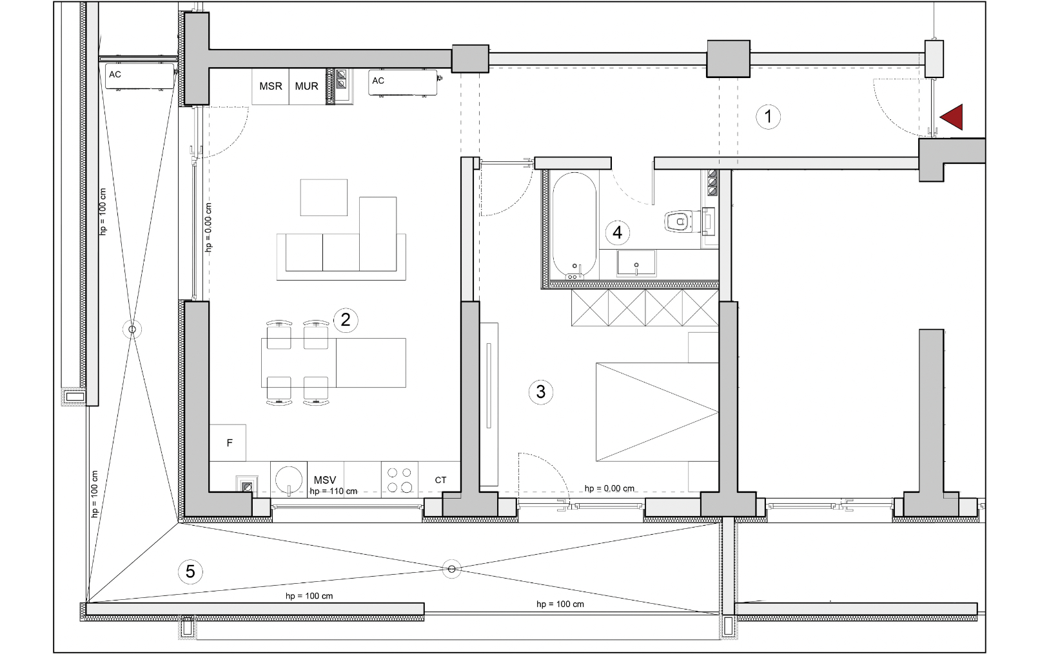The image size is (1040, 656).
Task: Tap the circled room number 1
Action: [768, 117]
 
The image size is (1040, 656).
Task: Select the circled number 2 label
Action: [346, 320]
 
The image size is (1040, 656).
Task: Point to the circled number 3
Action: [540, 392]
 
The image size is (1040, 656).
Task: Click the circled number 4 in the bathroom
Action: [617, 232]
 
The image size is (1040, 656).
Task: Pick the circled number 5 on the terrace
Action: [190, 572]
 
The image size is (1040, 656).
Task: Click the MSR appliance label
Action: [271, 86]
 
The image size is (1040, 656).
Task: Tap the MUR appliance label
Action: [306, 86]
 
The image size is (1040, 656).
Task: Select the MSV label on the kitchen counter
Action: [325, 480]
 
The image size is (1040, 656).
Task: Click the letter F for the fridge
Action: [230, 442]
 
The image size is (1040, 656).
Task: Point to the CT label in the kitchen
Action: [440, 480]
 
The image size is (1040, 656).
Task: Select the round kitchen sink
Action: [288, 479]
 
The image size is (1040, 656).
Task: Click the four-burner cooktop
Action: [400, 480]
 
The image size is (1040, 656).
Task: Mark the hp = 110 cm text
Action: [333, 491]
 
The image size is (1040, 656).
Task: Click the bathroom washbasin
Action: [636, 263]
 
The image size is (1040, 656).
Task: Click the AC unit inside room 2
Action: [403, 83]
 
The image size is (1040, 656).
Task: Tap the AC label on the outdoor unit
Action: [115, 74]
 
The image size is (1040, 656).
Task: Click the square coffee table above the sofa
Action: [324, 197]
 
